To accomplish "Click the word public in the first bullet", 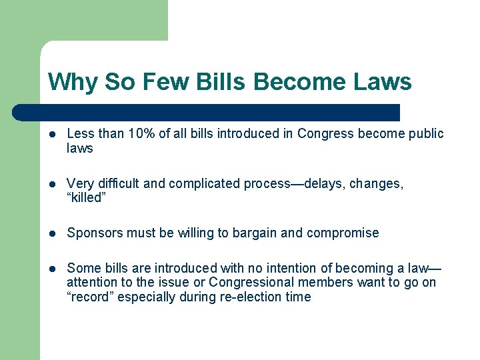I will (425, 134).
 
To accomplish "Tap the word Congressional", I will (253, 283).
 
